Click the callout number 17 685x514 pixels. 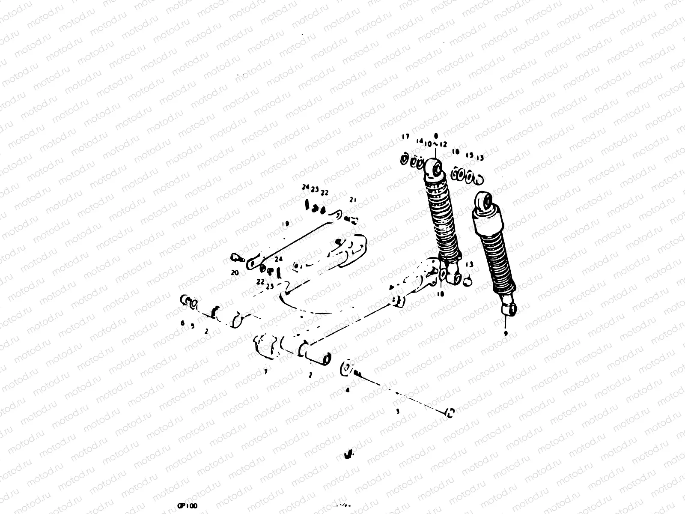pos(405,137)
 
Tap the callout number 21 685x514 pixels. pos(353,200)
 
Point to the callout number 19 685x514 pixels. pos(286,224)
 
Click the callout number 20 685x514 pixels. pos(234,272)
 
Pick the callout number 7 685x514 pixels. pos(265,372)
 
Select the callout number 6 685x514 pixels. pos(182,323)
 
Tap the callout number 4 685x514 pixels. pos(347,390)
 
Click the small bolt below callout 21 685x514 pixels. pos(352,219)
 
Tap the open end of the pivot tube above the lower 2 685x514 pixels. pos(327,359)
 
